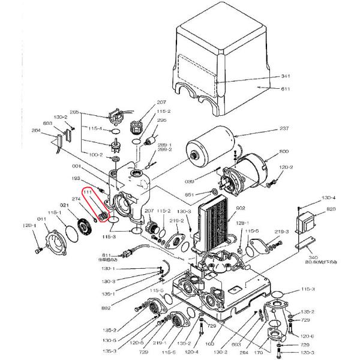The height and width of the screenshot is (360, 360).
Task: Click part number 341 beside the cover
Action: pyautogui.click(x=286, y=77)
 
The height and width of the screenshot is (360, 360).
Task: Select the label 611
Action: pyautogui.click(x=286, y=89)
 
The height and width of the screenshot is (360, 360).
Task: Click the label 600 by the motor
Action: pyautogui.click(x=284, y=152)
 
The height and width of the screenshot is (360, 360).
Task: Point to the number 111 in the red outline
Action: pyautogui.click(x=88, y=192)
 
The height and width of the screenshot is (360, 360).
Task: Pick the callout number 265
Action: pyautogui.click(x=74, y=112)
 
